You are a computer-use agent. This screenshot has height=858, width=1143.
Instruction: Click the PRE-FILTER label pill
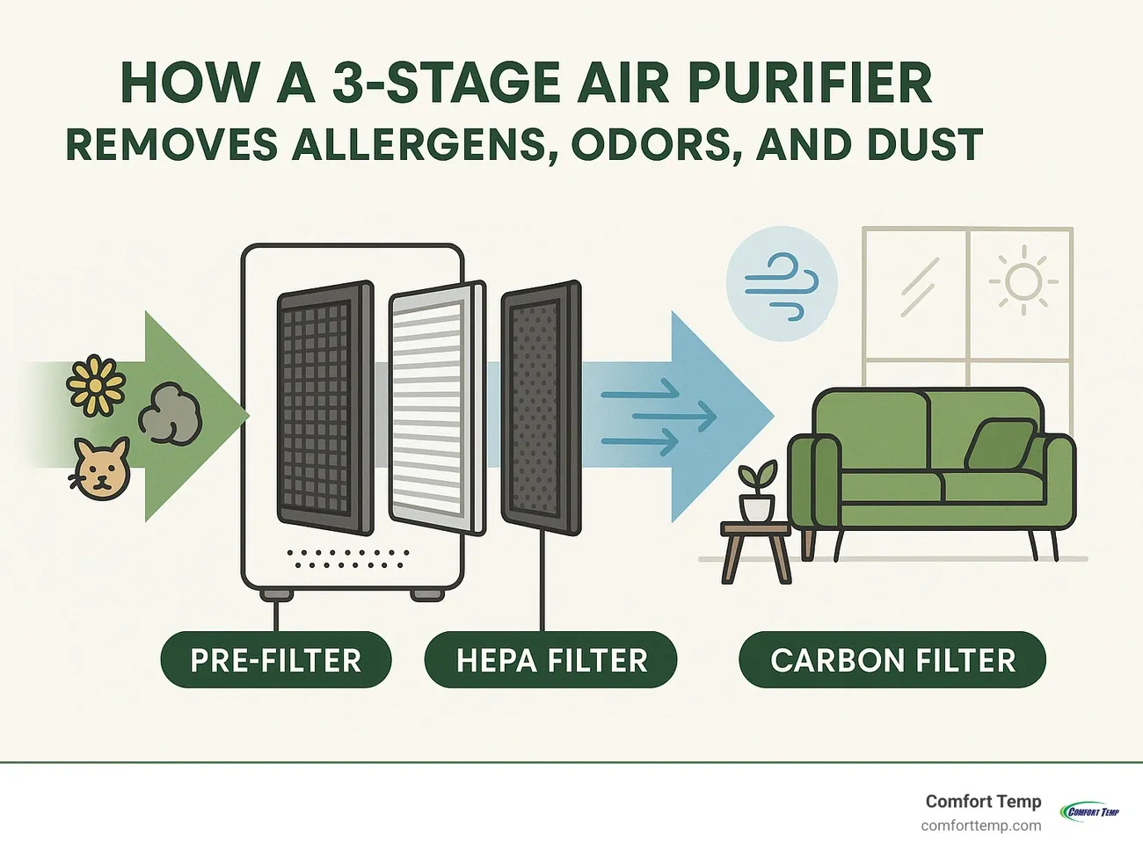click(x=275, y=660)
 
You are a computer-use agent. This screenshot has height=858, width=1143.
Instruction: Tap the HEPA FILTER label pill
click(x=551, y=660)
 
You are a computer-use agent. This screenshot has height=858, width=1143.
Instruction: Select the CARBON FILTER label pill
click(x=892, y=660)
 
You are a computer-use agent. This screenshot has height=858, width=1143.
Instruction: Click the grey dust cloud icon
click(x=171, y=412)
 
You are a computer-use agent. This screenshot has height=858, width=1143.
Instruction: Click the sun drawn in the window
click(x=1023, y=282)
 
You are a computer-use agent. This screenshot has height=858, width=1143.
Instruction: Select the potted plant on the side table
click(x=757, y=492)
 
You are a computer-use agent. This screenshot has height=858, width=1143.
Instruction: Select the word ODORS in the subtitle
click(x=652, y=145)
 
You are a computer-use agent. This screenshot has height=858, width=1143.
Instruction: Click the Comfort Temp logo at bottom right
click(x=1089, y=811)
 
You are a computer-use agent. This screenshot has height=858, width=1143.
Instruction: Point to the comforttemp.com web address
click(x=980, y=826)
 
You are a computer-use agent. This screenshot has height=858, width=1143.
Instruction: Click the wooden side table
click(x=755, y=549)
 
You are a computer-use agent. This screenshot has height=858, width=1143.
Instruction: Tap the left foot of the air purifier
click(x=277, y=594)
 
